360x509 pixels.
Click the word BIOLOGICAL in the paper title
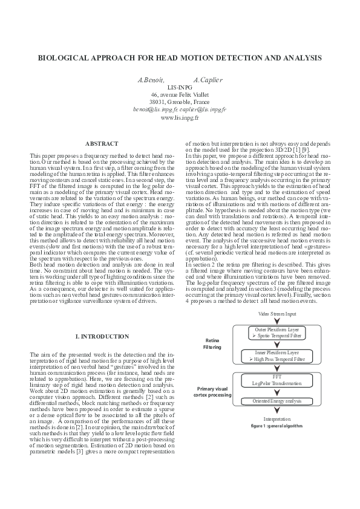63,59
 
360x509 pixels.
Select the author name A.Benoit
151,80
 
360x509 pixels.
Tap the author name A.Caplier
208,80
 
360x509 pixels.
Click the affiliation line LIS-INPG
179,87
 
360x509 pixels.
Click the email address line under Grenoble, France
179,109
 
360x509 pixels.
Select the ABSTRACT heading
102,144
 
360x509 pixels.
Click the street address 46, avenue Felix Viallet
179,95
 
